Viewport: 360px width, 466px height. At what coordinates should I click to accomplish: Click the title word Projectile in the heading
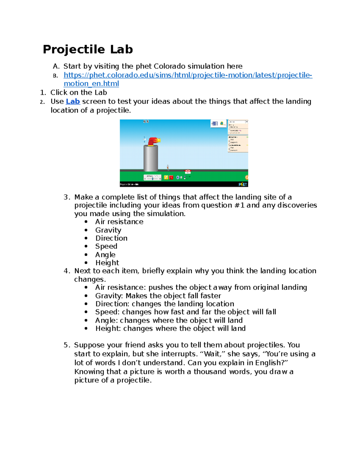point(74,50)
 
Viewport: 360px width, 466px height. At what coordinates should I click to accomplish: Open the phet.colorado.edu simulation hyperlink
point(187,75)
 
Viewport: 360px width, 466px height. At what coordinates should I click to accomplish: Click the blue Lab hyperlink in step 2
point(73,101)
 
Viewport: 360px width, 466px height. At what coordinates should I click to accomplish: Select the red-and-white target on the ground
point(188,172)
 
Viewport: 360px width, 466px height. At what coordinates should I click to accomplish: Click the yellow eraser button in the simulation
point(166,177)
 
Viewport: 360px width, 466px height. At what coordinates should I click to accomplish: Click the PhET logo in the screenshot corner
point(243,184)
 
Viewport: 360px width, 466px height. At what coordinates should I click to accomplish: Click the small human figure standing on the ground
point(168,167)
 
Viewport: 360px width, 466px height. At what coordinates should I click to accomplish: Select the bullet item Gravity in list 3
point(108,230)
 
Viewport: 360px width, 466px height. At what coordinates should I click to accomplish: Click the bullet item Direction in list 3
point(111,238)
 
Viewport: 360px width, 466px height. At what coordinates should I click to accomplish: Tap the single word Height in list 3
point(107,263)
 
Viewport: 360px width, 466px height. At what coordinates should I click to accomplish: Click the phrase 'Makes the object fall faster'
point(173,296)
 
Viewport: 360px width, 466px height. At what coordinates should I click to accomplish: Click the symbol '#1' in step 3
point(239,205)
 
